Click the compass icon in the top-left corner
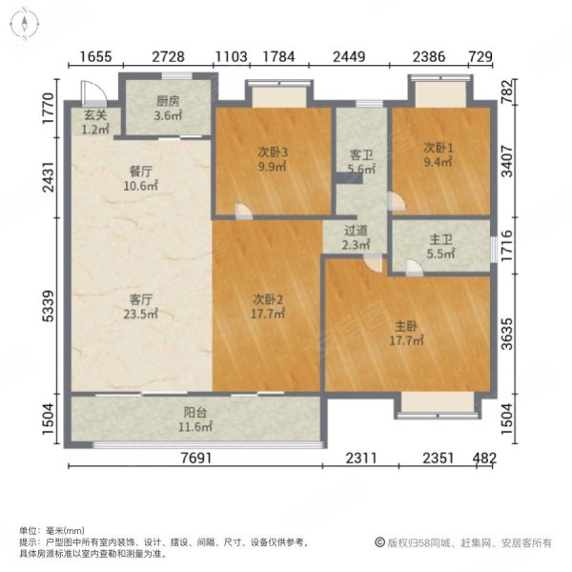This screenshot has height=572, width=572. coord(23,23)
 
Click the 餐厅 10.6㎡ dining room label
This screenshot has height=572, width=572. coord(141,180)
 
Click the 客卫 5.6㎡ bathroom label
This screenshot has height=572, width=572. coord(360,162)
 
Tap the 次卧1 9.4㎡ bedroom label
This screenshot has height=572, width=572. coord(440,154)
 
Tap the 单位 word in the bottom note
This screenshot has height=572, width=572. coord(30,530)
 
